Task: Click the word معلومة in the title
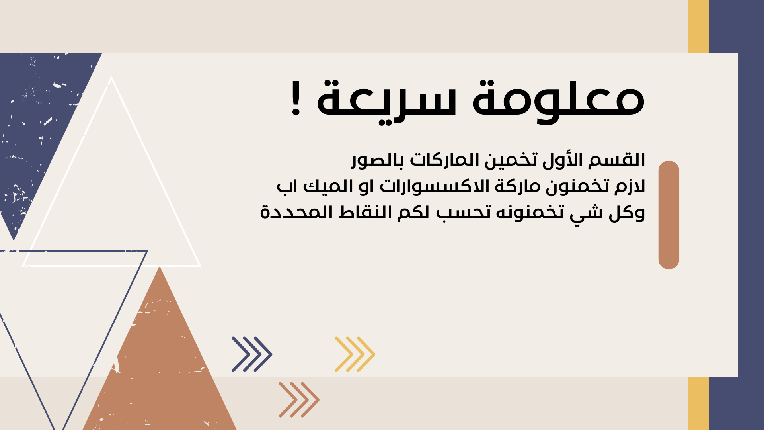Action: coord(558,100)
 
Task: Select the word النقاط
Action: coord(366,212)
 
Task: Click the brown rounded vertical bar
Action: coord(669,215)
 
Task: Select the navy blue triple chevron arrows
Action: coord(252,354)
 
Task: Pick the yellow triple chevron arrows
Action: coord(355,354)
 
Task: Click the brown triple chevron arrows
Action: coord(299,400)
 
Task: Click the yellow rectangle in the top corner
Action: coord(698,26)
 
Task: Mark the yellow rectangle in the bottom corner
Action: coord(698,403)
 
